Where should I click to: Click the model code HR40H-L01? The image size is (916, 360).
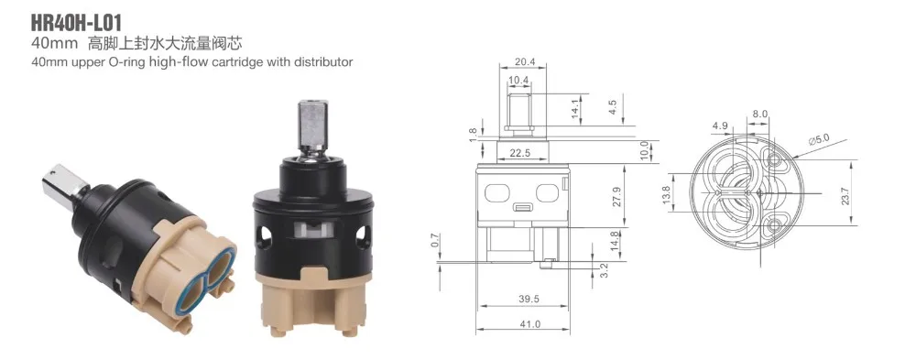(77, 24)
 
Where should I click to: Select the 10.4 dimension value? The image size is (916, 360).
(518, 80)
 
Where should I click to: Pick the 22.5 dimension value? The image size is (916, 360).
(519, 153)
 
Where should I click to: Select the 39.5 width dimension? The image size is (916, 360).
(524, 299)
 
